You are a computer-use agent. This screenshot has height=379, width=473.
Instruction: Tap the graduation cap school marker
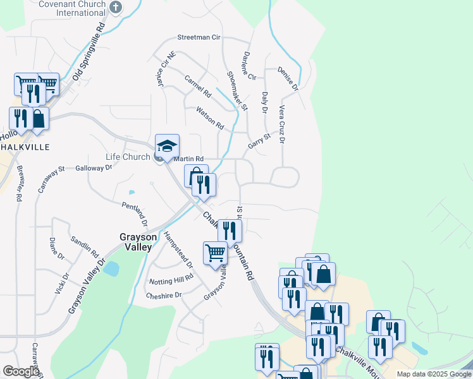click(x=168, y=147)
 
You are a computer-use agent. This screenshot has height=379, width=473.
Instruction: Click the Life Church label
click(x=128, y=157)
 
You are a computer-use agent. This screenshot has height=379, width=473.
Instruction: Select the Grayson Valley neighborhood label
click(x=135, y=242)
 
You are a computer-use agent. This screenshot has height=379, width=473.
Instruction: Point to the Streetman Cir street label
click(x=199, y=37)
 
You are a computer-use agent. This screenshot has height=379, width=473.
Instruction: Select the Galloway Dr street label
click(x=94, y=167)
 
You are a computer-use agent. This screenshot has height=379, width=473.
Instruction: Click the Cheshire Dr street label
click(x=164, y=295)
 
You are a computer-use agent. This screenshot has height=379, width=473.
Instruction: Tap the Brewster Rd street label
click(x=20, y=184)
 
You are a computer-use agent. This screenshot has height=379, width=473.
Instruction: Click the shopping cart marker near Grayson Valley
click(x=215, y=253)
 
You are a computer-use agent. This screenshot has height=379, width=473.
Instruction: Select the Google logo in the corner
click(x=21, y=371)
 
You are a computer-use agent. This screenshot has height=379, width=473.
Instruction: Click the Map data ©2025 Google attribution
click(x=433, y=374)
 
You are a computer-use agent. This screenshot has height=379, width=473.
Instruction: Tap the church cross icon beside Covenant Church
click(x=115, y=6)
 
